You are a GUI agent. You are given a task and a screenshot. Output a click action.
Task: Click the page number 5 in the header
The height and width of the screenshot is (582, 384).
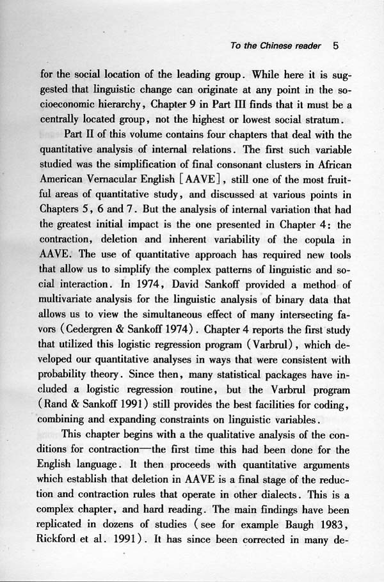click(336, 46)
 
